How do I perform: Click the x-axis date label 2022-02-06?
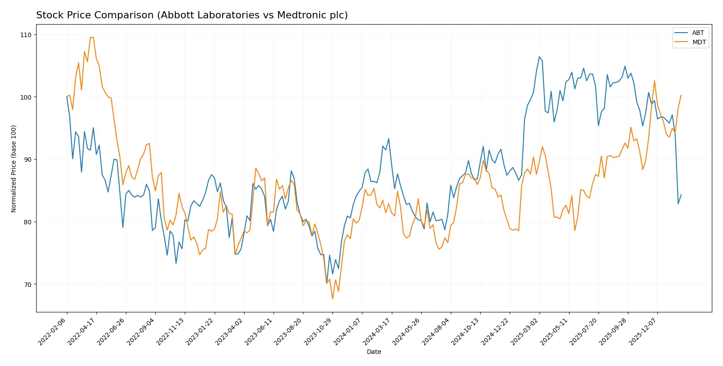tap(53, 331)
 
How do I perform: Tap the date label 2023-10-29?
tap(318, 331)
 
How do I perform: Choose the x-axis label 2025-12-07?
tap(643, 331)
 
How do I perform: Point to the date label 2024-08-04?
tap(436, 331)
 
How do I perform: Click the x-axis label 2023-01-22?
tap(200, 331)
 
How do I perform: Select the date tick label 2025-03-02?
tap(525, 331)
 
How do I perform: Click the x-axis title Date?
tap(374, 352)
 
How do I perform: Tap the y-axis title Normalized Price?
tap(14, 168)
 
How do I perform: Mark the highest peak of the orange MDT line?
tap(91, 37)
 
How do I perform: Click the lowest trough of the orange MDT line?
tap(332, 299)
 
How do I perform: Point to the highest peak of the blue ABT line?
tap(539, 57)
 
